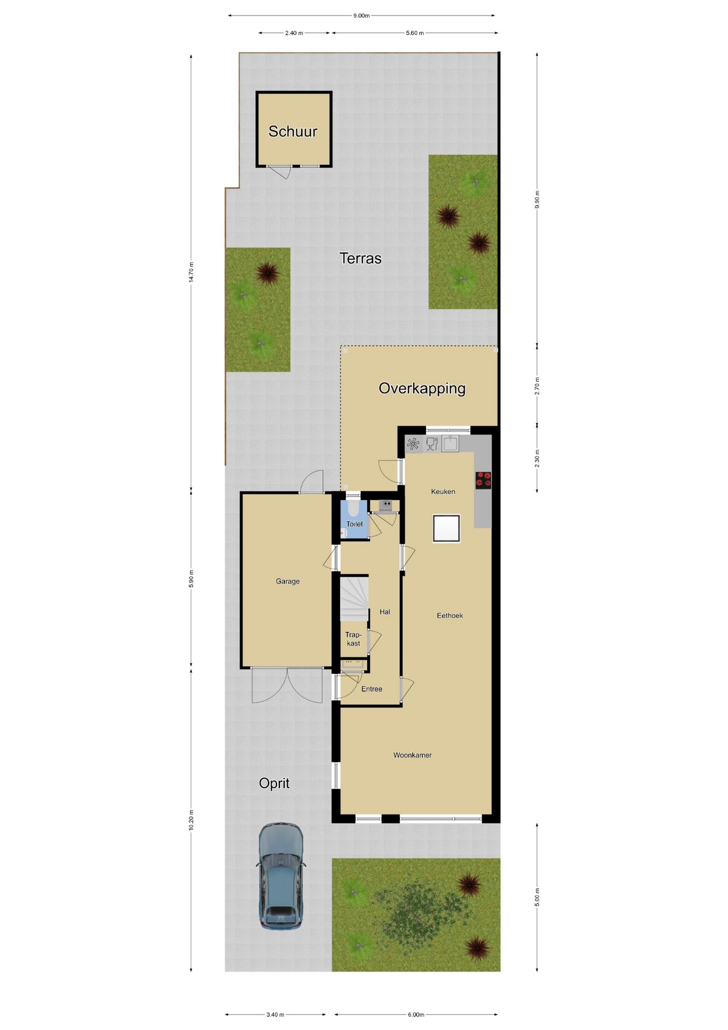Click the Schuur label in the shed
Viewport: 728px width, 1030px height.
pos(293,131)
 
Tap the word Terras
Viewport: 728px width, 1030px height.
pos(360,259)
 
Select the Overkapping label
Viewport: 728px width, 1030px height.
pos(422,388)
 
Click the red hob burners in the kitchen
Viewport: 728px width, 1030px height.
pos(483,480)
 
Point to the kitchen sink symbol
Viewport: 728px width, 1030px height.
pos(450,444)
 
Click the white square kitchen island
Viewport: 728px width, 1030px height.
pos(447,528)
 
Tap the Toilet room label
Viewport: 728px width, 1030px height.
pos(354,524)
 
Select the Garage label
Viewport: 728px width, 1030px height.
pos(288,581)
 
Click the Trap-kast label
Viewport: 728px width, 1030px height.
pos(353,639)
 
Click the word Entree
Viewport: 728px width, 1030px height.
pos(372,689)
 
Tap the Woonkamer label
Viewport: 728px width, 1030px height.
pos(412,755)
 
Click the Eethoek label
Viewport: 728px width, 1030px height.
pos(450,615)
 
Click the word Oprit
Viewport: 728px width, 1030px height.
pos(274,783)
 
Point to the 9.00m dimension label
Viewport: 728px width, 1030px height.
pos(361,16)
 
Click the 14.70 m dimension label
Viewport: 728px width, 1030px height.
pos(191,272)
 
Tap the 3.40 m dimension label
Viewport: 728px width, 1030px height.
pos(275,1014)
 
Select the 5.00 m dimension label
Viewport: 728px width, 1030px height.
pos(537,897)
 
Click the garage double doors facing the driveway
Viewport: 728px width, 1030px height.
pos(287,686)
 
